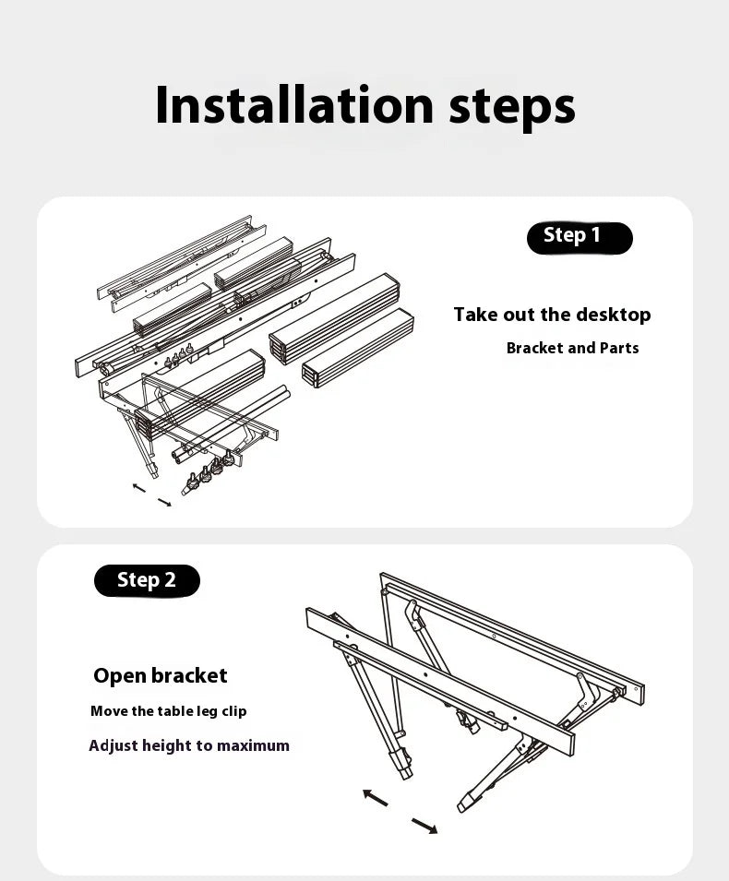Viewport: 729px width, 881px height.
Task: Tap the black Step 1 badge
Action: [x=580, y=237]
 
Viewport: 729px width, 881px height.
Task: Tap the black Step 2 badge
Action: [x=147, y=580]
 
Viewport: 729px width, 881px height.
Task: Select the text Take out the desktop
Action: [x=552, y=315]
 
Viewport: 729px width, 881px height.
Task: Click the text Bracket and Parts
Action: [x=572, y=348]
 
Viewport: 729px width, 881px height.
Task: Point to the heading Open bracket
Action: [x=160, y=675]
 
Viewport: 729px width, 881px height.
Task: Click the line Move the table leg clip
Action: [x=168, y=711]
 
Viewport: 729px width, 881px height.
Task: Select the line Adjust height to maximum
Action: [x=189, y=745]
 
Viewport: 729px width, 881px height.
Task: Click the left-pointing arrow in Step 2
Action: [x=375, y=797]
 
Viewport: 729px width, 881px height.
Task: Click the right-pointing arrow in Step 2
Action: [x=424, y=825]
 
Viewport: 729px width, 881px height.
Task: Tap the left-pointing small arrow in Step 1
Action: [x=138, y=486]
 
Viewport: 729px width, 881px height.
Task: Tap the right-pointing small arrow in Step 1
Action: [x=164, y=502]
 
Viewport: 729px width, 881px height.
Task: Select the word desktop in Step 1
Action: [x=614, y=315]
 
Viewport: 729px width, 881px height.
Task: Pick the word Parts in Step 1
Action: [x=618, y=348]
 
